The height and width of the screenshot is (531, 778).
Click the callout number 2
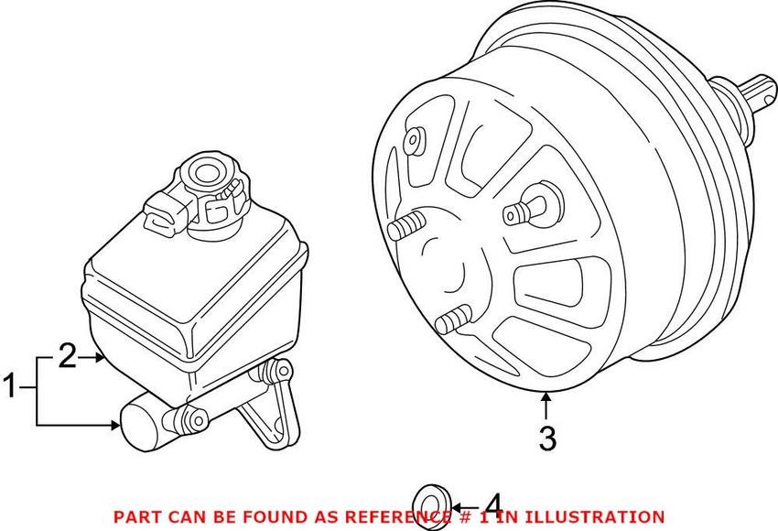coord(66,357)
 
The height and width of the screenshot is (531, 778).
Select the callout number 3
coord(546,439)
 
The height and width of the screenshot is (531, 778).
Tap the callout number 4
coord(492,505)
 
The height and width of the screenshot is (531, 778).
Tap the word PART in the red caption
coord(134,517)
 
